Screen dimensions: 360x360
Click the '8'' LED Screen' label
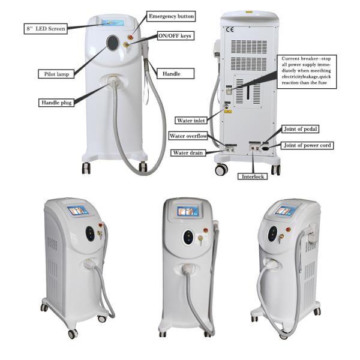click(45, 28)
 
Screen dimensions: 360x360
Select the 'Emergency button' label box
click(171, 16)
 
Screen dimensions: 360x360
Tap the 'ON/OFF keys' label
click(175, 36)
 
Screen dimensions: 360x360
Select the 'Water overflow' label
click(188, 137)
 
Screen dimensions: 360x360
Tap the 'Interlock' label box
click(253, 176)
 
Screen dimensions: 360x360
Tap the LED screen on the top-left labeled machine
click(112, 23)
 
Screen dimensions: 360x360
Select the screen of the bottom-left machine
click(79, 211)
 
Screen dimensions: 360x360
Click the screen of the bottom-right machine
click(286, 211)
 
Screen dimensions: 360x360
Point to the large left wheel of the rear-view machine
click(221, 170)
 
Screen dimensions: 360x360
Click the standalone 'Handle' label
click(168, 74)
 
